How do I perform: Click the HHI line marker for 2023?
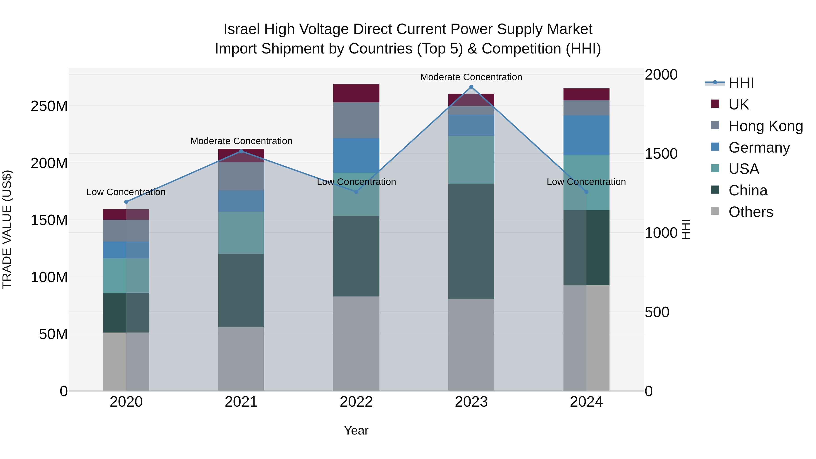pos(471,87)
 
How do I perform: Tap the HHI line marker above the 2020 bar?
pos(126,202)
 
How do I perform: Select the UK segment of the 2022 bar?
pos(356,93)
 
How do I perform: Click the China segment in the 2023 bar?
pos(471,241)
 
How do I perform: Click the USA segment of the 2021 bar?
pos(241,233)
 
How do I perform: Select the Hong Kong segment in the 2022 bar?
pos(356,120)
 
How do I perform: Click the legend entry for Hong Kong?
pos(765,126)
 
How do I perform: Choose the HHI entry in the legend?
pos(741,83)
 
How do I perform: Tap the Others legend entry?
pos(750,212)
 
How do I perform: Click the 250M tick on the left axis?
pos(49,106)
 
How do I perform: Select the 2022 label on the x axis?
pos(356,402)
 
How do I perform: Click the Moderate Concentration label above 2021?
pos(241,141)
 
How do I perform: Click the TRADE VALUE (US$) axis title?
pos(7,229)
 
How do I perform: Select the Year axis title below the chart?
pos(356,430)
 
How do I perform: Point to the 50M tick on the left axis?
pos(53,334)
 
